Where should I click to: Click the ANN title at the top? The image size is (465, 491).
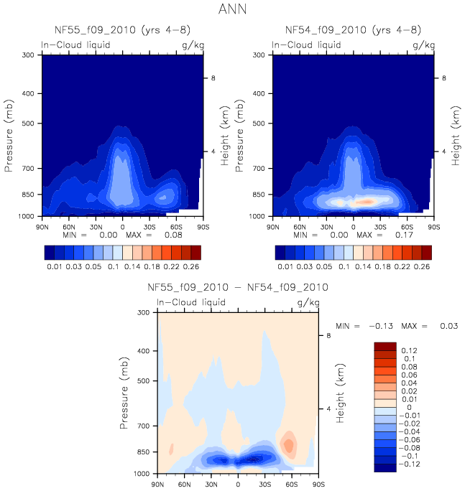click(233, 11)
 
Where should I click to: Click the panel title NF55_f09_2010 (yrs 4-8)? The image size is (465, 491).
click(123, 30)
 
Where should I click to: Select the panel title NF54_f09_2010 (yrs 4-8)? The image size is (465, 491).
click(353, 30)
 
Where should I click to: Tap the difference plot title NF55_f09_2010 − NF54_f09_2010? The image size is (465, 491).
click(238, 287)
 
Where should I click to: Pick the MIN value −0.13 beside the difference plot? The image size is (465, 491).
click(372, 327)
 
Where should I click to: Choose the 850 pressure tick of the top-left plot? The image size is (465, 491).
click(27, 195)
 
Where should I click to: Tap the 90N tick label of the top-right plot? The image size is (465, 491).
click(272, 225)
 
